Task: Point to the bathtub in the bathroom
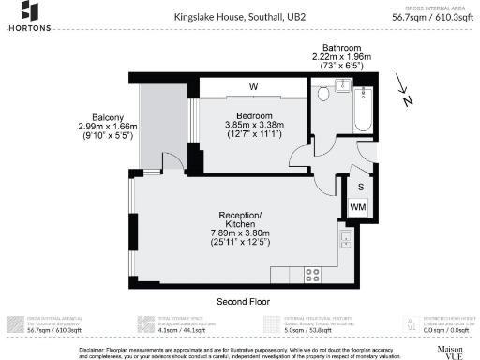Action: (363, 109)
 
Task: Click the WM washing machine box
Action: (357, 207)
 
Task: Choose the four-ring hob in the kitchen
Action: (313, 276)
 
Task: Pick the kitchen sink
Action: (346, 247)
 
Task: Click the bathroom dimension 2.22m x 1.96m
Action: (341, 57)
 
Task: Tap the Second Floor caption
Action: (244, 303)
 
